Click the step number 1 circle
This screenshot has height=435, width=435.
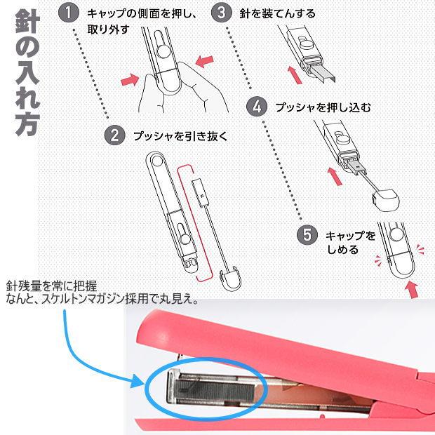click(68, 13)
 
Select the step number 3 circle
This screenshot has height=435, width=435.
click(222, 13)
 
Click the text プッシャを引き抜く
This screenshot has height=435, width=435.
click(181, 135)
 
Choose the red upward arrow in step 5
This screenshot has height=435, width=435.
click(413, 288)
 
